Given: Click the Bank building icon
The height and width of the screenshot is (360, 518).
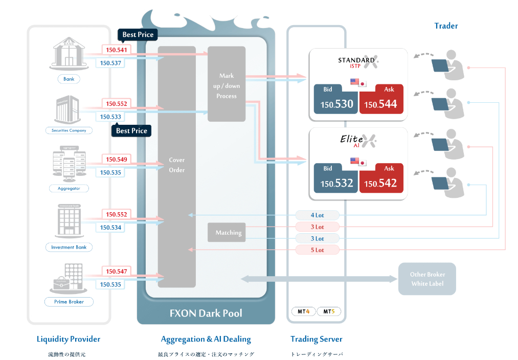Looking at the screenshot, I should click(69, 53).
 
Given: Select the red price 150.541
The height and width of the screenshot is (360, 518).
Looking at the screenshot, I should click(116, 50).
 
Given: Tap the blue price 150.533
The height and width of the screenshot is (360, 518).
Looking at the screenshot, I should click(110, 117).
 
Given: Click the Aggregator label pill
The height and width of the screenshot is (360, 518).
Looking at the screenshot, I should click(69, 188).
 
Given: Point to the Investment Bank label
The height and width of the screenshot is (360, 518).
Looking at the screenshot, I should click(69, 247).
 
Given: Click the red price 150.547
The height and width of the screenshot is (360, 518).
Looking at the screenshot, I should click(116, 271).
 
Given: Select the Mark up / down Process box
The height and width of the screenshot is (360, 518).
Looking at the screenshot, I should click(227, 85).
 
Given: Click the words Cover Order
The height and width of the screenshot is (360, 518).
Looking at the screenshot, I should click(177, 165).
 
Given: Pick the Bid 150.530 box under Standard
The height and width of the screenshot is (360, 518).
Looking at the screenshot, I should click(336, 99).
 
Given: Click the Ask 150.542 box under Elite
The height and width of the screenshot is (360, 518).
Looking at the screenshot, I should click(381, 178).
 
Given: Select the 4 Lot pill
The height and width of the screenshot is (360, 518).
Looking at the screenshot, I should click(317, 215).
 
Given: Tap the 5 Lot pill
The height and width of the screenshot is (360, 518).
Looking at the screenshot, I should click(317, 250).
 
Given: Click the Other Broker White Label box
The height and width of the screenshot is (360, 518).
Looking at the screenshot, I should click(427, 279).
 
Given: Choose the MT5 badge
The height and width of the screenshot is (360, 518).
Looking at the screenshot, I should click(328, 311).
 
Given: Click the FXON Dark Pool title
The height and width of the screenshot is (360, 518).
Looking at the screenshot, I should click(206, 312).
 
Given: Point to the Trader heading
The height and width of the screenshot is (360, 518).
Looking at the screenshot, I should click(446, 26).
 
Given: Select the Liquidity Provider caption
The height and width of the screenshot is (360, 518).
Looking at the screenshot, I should click(69, 339).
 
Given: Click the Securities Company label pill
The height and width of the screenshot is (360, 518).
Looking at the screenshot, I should click(69, 130).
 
